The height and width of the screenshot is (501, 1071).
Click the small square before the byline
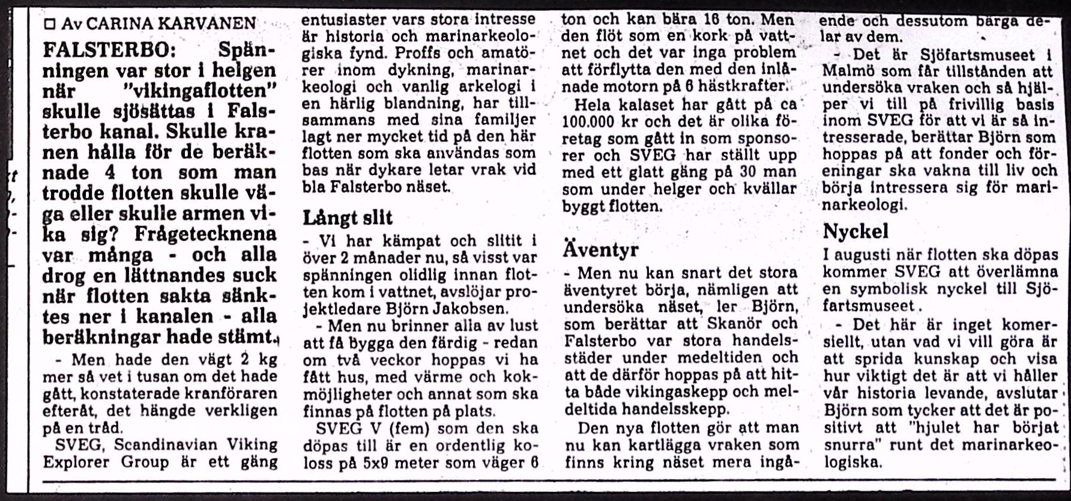50,24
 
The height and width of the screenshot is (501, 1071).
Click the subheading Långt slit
347,217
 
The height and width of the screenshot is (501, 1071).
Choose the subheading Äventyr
600,249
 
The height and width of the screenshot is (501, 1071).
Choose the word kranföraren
240,394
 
